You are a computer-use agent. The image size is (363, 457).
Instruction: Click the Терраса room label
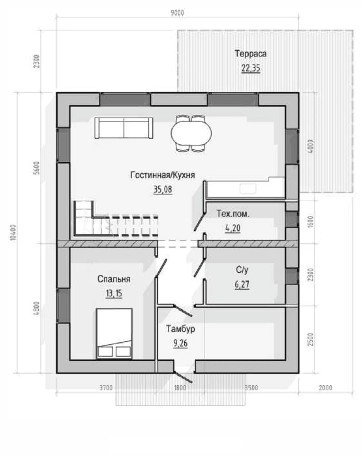pyautogui.click(x=251, y=54)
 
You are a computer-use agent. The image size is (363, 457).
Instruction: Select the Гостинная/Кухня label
pyautogui.click(x=163, y=175)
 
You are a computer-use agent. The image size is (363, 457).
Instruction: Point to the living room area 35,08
pyautogui.click(x=163, y=189)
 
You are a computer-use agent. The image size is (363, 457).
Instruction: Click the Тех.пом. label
pyautogui.click(x=233, y=214)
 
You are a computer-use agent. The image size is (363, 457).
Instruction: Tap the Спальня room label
pyautogui.click(x=114, y=279)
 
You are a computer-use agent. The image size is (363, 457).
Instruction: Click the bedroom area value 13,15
pyautogui.click(x=114, y=293)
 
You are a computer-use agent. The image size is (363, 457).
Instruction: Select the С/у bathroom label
pyautogui.click(x=242, y=270)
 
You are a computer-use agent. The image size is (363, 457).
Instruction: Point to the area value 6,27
pyautogui.click(x=242, y=284)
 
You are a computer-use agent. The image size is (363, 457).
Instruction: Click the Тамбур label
pyautogui.click(x=181, y=329)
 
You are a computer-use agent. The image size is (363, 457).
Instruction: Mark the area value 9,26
pyautogui.click(x=181, y=343)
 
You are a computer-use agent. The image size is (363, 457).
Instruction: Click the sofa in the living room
pyautogui.click(x=124, y=128)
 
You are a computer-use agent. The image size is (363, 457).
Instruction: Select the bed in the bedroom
pyautogui.click(x=114, y=334)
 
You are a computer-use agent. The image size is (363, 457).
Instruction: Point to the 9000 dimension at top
pyautogui.click(x=177, y=13)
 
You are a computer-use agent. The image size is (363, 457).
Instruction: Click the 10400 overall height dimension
pyautogui.click(x=14, y=232)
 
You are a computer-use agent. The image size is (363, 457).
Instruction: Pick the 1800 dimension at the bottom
pyautogui.click(x=180, y=388)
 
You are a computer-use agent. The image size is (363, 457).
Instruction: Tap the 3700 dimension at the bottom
pyautogui.click(x=106, y=388)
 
